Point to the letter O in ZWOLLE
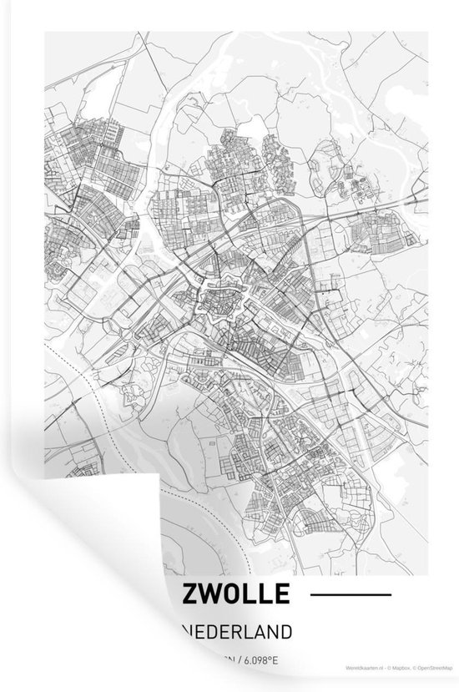235,594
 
